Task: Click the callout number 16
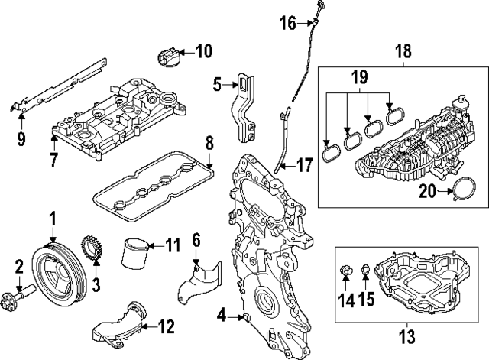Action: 288,23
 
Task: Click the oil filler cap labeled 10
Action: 170,57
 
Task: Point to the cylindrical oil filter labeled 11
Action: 134,251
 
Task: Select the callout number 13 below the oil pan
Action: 407,334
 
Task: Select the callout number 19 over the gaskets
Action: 359,76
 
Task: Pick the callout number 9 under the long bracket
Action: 21,139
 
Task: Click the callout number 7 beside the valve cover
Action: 53,160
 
